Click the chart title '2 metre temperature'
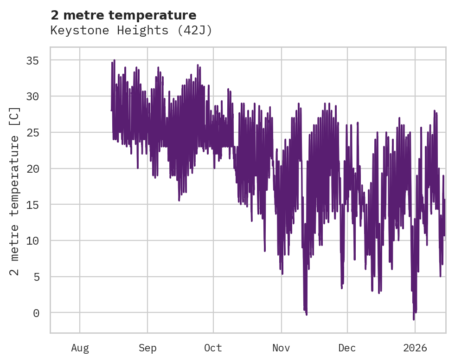coord(123,15)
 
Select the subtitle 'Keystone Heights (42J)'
coord(131,31)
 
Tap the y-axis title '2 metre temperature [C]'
coord(15,191)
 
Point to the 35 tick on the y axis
coord(32,61)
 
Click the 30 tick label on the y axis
coord(32,97)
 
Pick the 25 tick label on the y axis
coord(32,133)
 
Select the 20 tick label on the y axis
coord(32,169)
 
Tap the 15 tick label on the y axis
coord(32,205)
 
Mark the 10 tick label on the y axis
coord(32,241)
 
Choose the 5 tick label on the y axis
coord(36,277)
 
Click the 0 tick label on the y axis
coord(36,313)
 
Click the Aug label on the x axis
coord(80,348)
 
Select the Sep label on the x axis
coord(147,348)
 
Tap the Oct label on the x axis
coord(213,348)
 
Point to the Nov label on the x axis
coord(281,348)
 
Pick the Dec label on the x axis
coord(347,348)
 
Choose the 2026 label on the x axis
coord(415,348)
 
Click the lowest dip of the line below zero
coord(414,319)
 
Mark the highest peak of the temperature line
coord(114,60)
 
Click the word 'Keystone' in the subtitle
coord(70,31)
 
